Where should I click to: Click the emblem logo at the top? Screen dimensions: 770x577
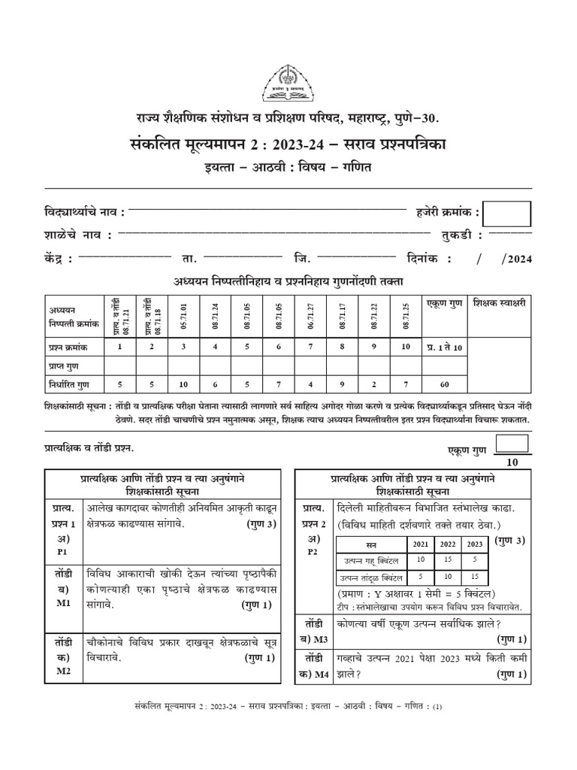point(288,83)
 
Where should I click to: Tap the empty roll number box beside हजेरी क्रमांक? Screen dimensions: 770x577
point(507,214)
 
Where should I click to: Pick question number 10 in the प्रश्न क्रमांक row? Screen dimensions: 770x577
point(406,347)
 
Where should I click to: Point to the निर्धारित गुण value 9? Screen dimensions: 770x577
point(342,383)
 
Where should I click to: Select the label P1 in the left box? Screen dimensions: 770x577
point(62,551)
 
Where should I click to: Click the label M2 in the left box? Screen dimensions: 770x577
point(62,671)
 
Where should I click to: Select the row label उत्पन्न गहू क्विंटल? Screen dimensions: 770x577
point(370,561)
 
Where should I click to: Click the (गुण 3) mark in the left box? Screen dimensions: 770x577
point(261,524)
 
